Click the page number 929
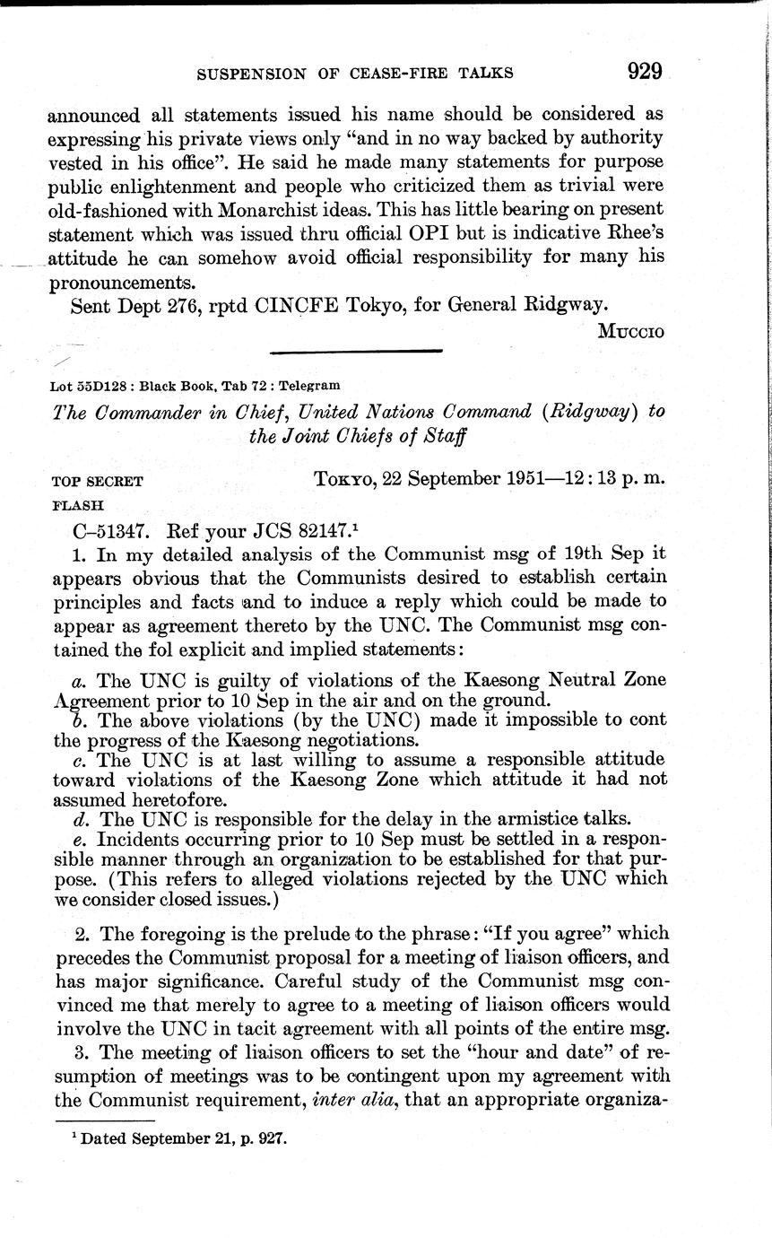[645, 71]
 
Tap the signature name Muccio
[631, 331]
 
